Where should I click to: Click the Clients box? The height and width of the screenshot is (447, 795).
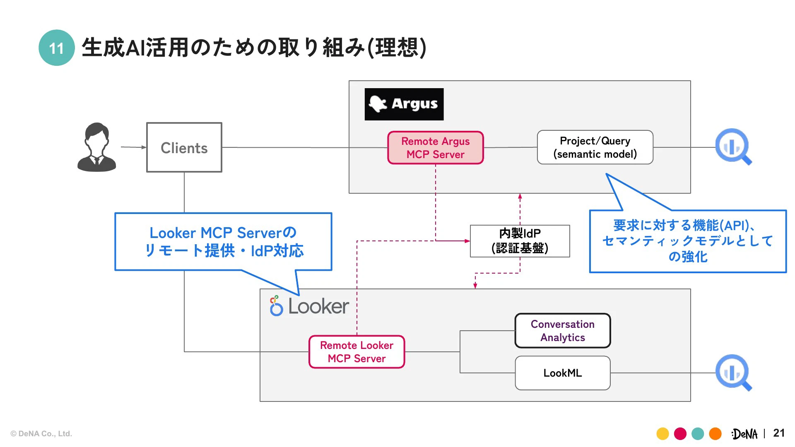184,148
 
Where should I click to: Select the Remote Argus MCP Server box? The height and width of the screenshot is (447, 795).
436,148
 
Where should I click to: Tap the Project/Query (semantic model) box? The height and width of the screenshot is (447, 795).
595,147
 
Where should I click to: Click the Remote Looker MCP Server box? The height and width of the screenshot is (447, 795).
357,352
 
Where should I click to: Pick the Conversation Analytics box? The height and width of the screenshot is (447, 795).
563,331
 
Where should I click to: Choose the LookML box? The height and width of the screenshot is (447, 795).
563,373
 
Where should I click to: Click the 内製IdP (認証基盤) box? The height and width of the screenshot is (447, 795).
520,241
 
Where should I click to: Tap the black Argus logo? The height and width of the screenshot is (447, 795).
404,104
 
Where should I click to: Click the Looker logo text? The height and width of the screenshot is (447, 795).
318,307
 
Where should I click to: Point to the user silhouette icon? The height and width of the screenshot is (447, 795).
97,147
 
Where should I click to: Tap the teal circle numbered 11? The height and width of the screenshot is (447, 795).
57,48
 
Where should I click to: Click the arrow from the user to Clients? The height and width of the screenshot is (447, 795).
133,147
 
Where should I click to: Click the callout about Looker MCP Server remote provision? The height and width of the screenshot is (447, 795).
223,242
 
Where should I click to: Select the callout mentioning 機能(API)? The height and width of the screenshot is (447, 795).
688,241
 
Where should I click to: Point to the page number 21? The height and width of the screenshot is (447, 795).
779,433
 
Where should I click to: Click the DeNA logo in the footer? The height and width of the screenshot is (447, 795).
744,434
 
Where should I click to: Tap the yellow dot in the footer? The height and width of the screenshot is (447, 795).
662,434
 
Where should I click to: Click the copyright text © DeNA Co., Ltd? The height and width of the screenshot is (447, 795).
41,434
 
